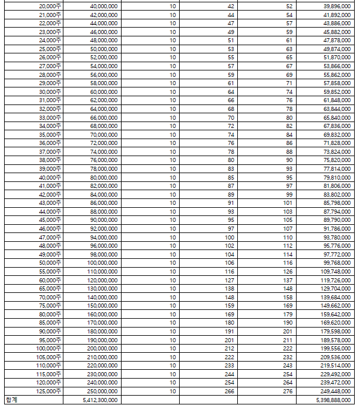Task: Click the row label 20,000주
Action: pos(50,6)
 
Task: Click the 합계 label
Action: pos(12,400)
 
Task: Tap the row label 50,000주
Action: pos(50,262)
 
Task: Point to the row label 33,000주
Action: pos(50,117)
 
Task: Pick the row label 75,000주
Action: pos(50,305)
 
